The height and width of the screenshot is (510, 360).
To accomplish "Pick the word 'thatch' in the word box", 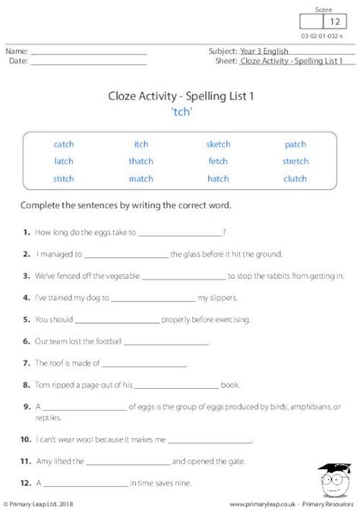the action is pos(141,161).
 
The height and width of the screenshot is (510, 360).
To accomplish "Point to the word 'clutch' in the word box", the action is pos(295,179).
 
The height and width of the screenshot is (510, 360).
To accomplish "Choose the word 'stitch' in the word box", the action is pos(63,179).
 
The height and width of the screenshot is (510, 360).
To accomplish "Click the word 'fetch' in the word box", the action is pos(218,161).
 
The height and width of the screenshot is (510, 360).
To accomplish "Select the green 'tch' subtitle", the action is pos(180,109).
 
